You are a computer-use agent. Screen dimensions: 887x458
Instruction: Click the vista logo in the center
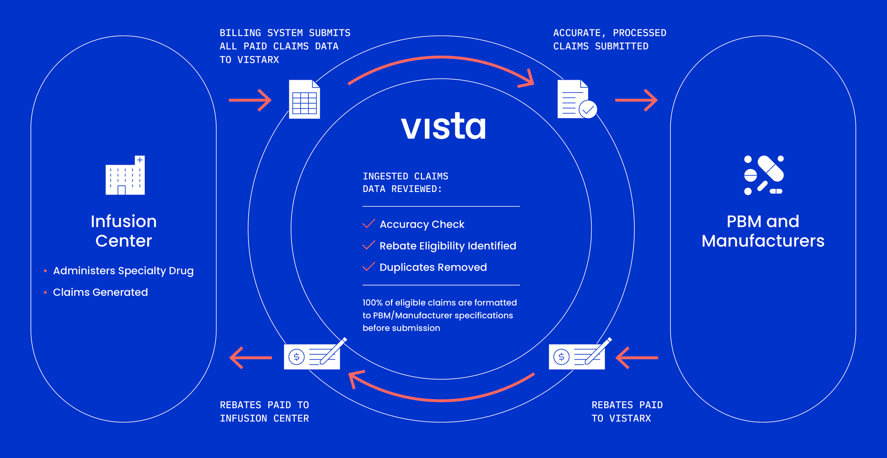443,127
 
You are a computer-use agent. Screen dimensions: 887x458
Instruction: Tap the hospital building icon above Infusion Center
125,175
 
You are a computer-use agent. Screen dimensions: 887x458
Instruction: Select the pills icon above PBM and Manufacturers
764,175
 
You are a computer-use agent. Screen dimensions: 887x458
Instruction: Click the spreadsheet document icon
304,99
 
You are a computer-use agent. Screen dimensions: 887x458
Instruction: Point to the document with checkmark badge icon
576,99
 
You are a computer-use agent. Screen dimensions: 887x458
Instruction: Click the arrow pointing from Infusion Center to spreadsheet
250,100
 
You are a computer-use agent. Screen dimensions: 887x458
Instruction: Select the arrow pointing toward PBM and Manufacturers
636,100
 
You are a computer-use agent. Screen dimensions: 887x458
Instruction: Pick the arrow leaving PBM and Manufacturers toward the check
637,357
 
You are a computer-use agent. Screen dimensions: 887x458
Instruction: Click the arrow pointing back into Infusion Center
250,357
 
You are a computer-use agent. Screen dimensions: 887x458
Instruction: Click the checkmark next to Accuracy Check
369,224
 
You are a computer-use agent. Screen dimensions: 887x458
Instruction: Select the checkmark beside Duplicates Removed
369,266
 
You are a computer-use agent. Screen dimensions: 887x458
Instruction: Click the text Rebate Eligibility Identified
448,246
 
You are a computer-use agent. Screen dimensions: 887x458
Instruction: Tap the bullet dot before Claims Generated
45,292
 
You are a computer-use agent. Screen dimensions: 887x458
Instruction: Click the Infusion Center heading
124,231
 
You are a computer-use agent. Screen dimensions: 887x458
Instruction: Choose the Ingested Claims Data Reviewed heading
405,182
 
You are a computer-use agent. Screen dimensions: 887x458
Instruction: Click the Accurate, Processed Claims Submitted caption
609,39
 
